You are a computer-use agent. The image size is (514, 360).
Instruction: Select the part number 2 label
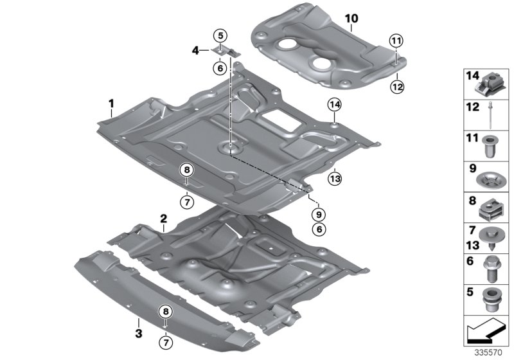164,219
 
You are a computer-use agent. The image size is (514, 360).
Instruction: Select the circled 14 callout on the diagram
334,104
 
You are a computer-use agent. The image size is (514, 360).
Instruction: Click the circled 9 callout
319,213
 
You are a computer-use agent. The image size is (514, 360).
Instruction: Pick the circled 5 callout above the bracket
220,35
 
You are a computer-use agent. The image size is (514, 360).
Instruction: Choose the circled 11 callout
396,42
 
